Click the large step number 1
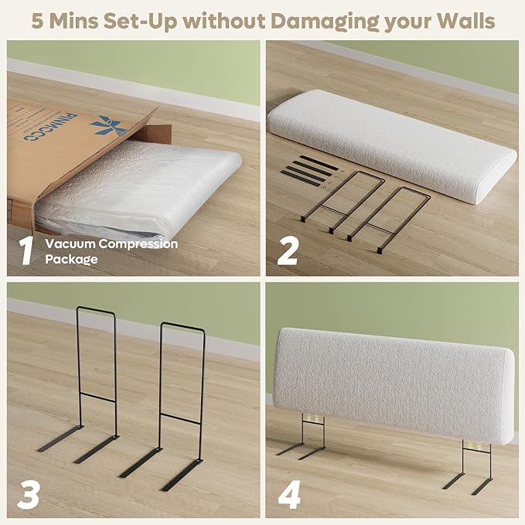click(x=26, y=251)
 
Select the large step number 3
click(x=29, y=495)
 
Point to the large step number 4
click(x=289, y=495)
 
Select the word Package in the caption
click(x=72, y=260)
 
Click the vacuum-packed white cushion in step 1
click(x=138, y=191)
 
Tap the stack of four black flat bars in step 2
click(x=305, y=169)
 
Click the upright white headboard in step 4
click(x=394, y=385)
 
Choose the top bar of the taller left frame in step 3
click(x=96, y=310)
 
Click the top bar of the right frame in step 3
click(x=182, y=326)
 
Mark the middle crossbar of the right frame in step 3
click(x=181, y=418)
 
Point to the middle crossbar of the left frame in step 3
click(x=97, y=397)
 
